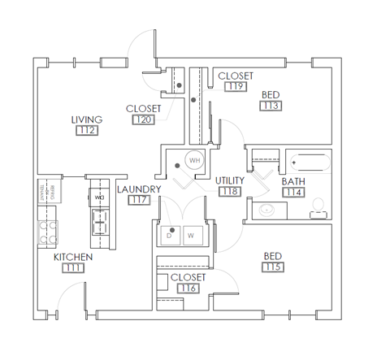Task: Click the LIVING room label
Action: point(86,119)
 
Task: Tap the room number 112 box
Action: point(86,130)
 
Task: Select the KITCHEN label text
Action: point(73,258)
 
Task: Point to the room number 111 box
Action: point(73,269)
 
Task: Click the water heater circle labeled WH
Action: point(194,161)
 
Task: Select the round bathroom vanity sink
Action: point(264,210)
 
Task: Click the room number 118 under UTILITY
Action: point(230,192)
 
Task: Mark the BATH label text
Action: point(293,181)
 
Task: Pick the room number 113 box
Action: point(271,106)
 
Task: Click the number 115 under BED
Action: point(273,268)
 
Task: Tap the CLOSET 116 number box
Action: point(188,288)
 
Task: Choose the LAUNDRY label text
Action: point(139,189)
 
